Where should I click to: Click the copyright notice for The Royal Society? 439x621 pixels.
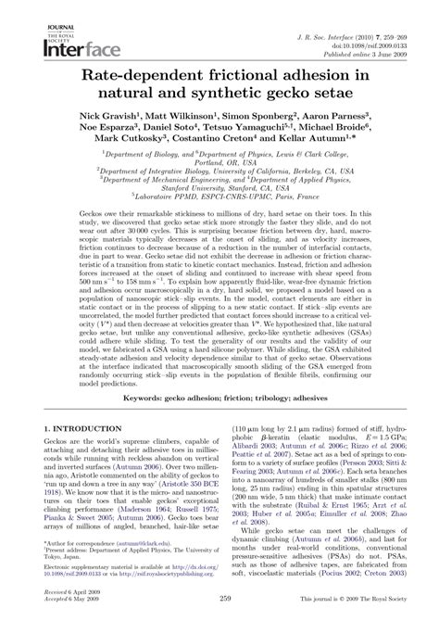click(345, 602)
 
